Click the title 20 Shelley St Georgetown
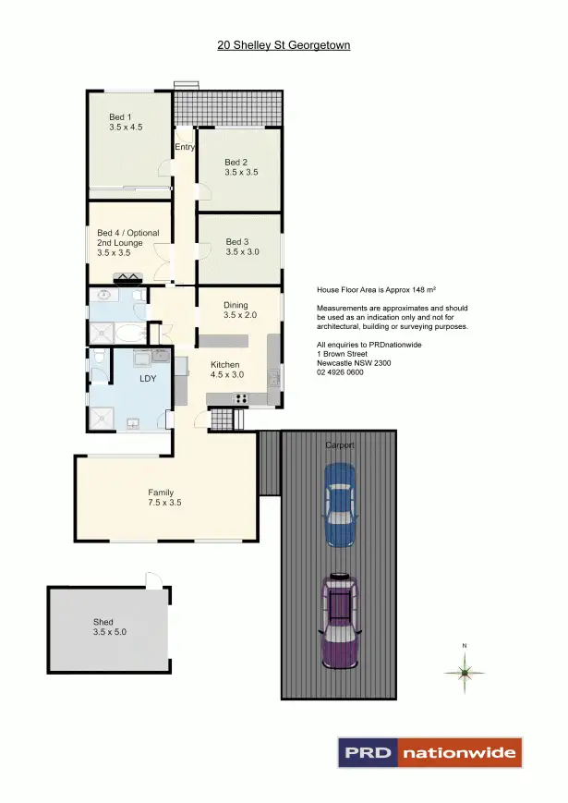point(284,44)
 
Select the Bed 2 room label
point(236,163)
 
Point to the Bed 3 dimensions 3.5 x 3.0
point(242,251)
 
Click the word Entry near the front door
point(185,147)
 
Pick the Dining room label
point(236,304)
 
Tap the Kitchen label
point(225,363)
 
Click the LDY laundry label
point(147,380)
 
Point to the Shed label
point(103,623)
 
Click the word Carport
point(339,444)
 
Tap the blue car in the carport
point(339,505)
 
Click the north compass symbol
point(465,673)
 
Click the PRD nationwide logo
point(429,753)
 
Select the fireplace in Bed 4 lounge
point(127,276)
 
